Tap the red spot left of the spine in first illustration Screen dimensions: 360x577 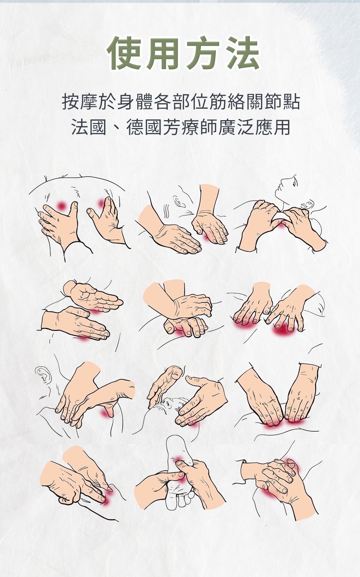[61, 205]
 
